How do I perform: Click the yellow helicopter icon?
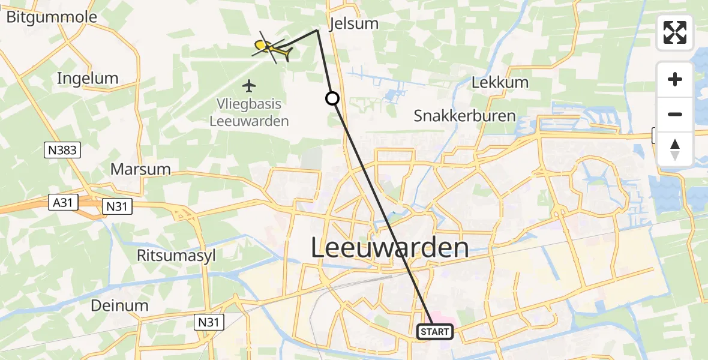click(x=273, y=47)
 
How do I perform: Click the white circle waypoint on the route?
click(x=332, y=98)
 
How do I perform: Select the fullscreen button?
click(x=675, y=32)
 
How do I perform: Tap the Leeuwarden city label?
click(x=390, y=248)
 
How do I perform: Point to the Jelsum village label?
click(x=355, y=24)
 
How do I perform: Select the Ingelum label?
click(x=87, y=79)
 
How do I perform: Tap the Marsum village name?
click(x=140, y=169)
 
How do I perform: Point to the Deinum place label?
click(x=119, y=305)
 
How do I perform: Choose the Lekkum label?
click(x=500, y=83)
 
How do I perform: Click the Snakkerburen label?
click(x=464, y=116)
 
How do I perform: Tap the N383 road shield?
click(x=62, y=150)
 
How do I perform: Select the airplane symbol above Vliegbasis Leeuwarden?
click(x=250, y=86)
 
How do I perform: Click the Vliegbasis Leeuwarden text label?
click(x=249, y=112)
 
